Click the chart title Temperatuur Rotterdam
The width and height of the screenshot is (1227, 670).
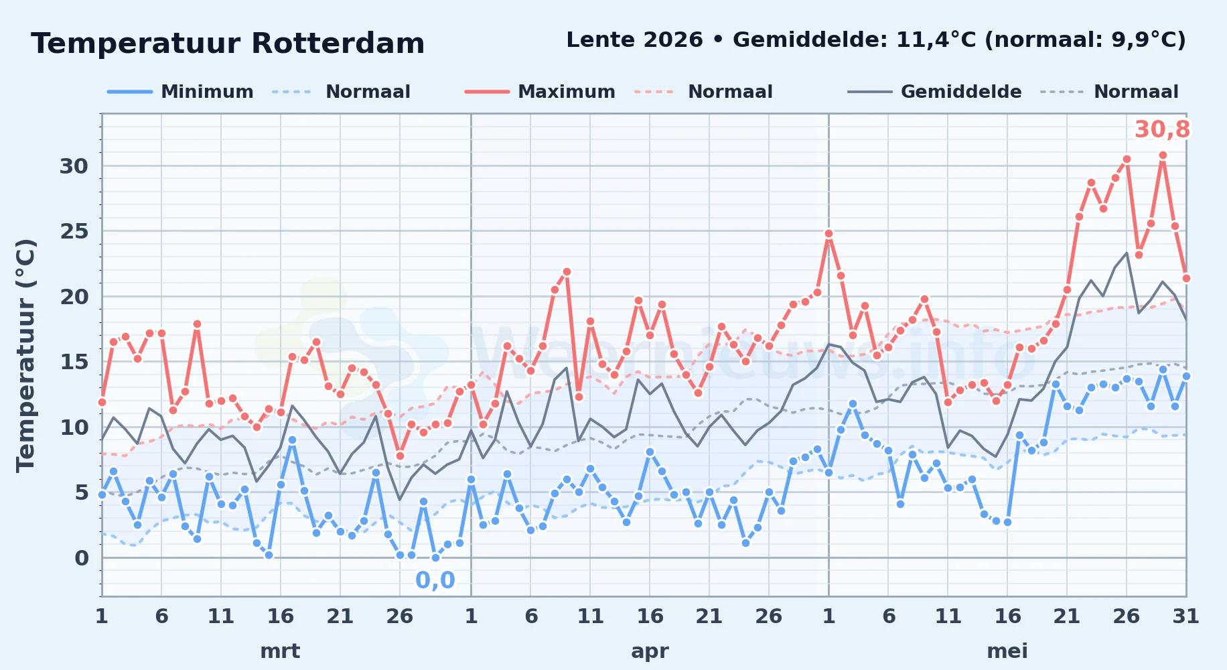(228, 44)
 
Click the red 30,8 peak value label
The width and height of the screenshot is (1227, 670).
(1162, 129)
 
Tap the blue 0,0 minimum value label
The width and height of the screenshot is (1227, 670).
(435, 580)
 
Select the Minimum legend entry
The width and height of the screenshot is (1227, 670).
(180, 92)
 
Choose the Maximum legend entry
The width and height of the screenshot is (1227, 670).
(540, 92)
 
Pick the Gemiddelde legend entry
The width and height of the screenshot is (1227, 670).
(934, 92)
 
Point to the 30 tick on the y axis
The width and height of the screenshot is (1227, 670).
(74, 166)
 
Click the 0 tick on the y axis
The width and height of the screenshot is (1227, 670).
(81, 558)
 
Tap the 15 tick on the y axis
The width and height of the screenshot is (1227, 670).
(74, 362)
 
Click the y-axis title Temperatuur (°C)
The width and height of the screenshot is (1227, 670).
(26, 355)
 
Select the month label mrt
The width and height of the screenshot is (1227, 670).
(280, 651)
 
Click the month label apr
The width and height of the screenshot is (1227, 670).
(650, 651)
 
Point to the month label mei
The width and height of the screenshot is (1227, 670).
(1007, 651)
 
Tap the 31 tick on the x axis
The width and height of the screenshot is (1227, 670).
(1185, 616)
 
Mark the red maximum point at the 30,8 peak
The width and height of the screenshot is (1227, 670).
(1163, 155)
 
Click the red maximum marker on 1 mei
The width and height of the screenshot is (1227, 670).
(828, 234)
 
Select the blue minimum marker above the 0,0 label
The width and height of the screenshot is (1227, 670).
(435, 557)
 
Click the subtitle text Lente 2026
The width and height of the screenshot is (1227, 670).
(634, 40)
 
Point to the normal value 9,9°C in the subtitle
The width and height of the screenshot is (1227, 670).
(1148, 40)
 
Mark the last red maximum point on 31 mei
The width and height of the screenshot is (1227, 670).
(1186, 278)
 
